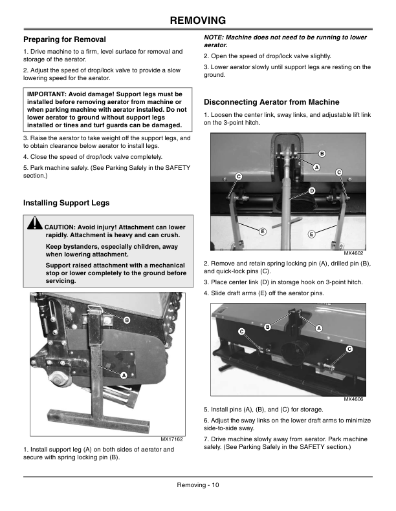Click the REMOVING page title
coord(198,20)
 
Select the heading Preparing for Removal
coord(64,39)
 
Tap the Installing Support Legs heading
coord(66,203)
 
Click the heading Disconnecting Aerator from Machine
coord(272,102)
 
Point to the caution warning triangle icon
coord(34,224)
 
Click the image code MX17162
coord(171,439)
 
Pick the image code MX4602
coord(353,253)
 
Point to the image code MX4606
coord(353,399)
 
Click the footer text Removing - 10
coord(198,485)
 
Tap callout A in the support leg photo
coord(124,376)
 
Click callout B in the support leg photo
coord(127,320)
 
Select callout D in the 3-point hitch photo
coord(312,191)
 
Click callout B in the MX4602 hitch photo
coord(322,154)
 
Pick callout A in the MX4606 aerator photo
coord(319,328)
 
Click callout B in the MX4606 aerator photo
coord(268,327)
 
